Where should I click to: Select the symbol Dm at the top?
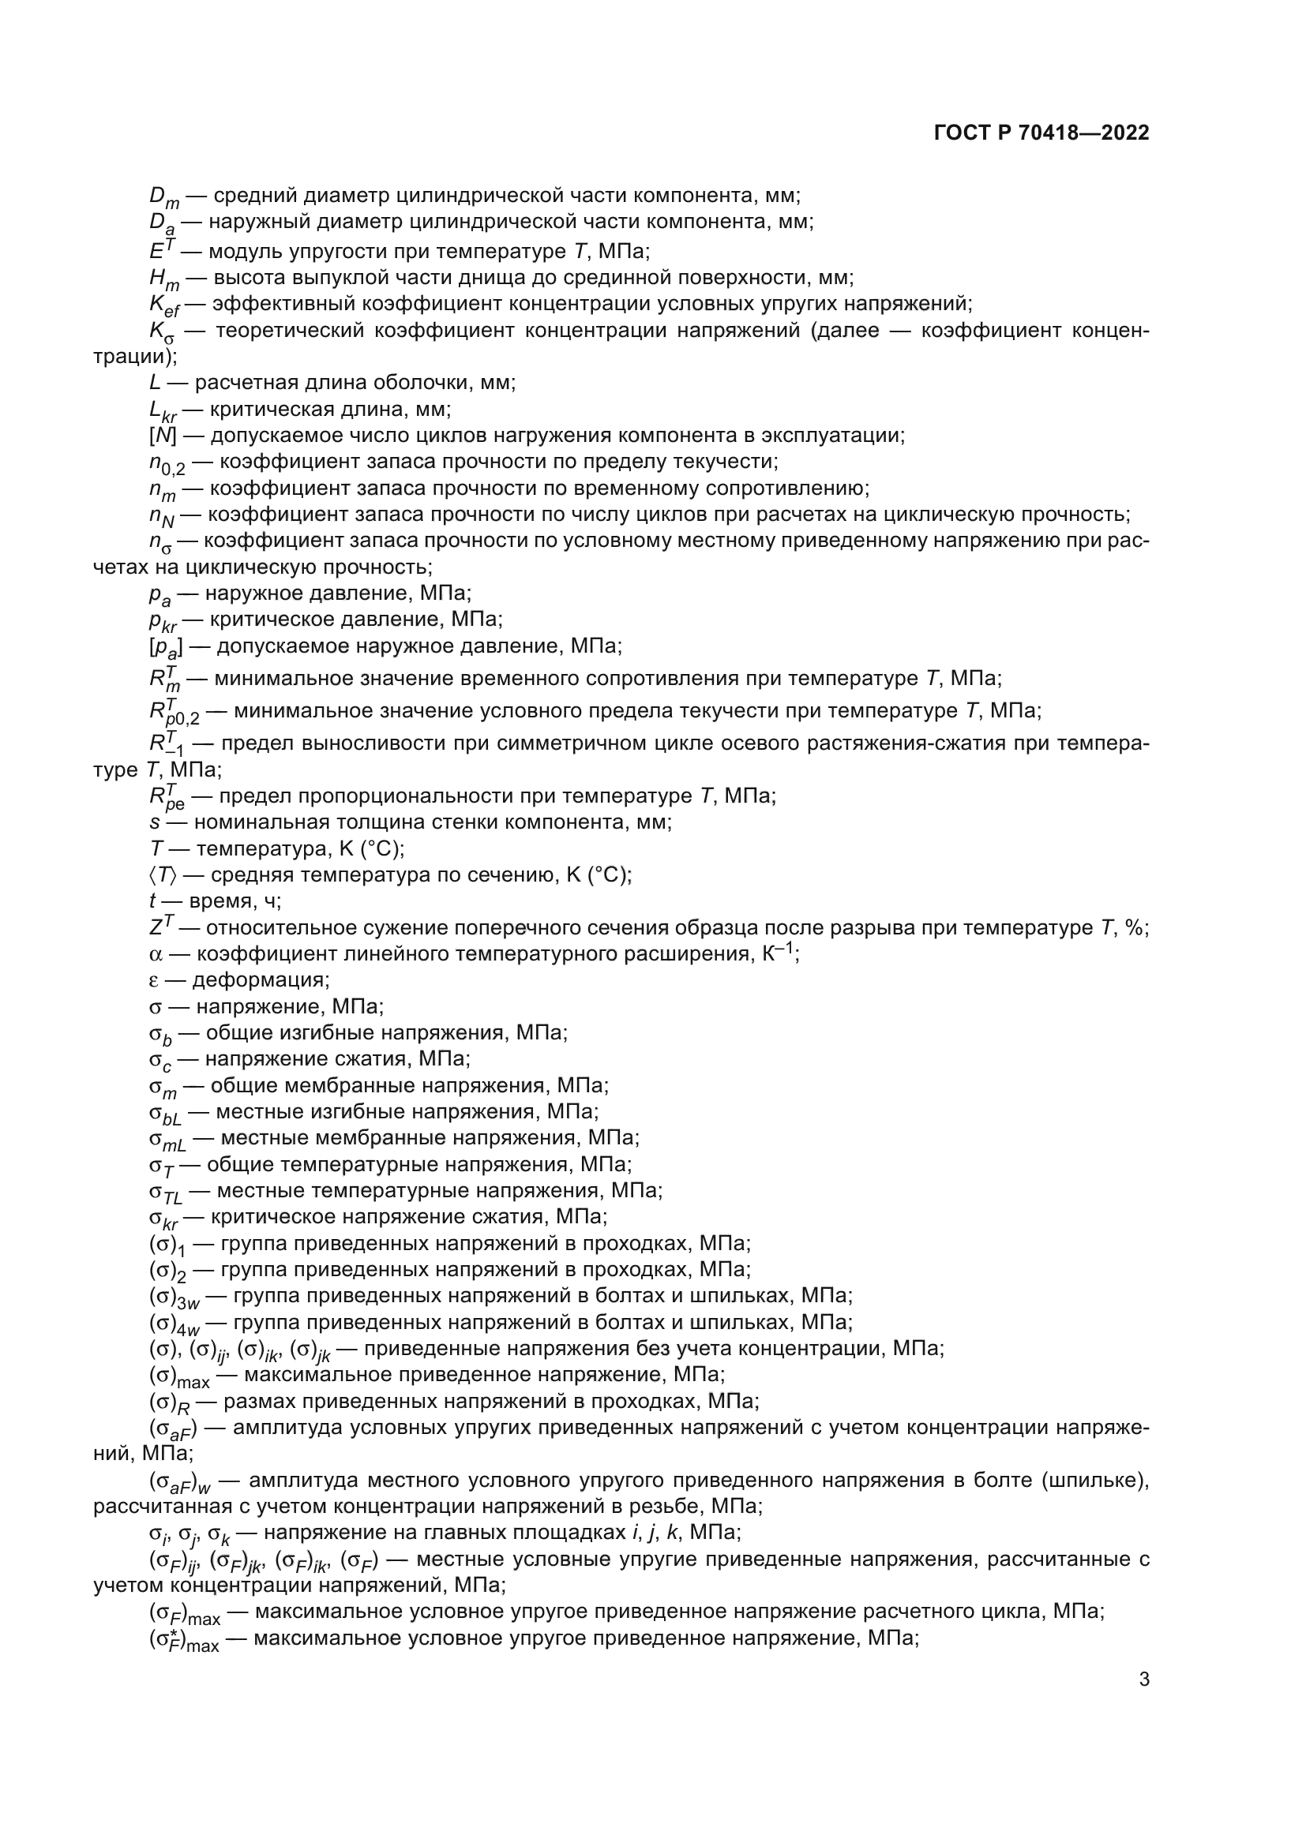click(x=164, y=197)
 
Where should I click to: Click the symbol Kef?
click(x=164, y=305)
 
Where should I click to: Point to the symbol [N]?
click(x=163, y=436)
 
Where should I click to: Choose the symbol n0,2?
click(x=167, y=464)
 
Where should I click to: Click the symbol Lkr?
click(x=163, y=411)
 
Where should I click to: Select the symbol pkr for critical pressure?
click(x=163, y=620)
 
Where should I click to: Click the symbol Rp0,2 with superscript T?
click(x=173, y=713)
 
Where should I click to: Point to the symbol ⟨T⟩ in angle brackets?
click(x=163, y=874)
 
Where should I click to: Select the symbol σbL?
click(x=165, y=1114)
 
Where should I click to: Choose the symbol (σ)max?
click(x=178, y=1376)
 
